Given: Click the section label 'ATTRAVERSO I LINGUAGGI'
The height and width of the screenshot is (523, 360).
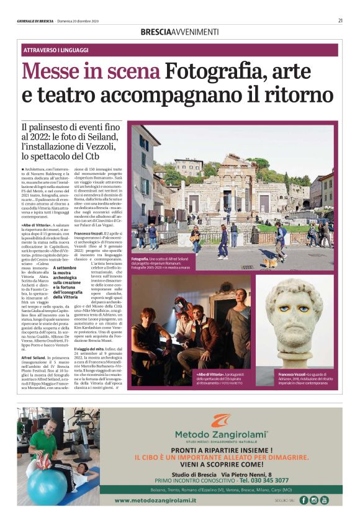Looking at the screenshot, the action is pyautogui.click(x=55, y=50).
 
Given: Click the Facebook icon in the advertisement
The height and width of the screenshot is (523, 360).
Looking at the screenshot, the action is pyautogui.click(x=304, y=500).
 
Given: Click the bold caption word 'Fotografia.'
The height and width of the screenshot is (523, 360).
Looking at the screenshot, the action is pyautogui.click(x=140, y=256).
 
